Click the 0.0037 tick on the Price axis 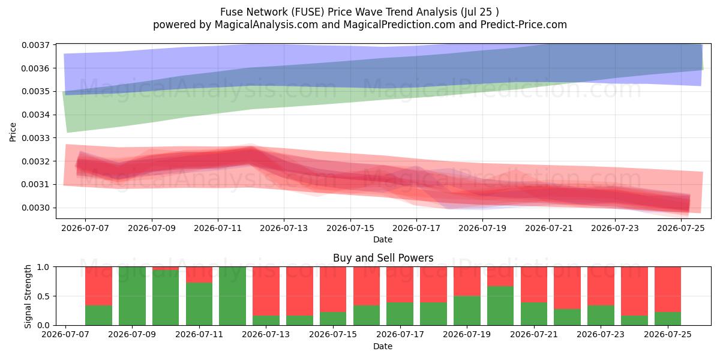[x=35, y=45]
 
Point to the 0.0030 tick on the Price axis [x=35, y=208]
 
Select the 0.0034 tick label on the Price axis [x=35, y=115]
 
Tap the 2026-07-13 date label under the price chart [x=284, y=228]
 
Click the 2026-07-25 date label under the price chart [x=681, y=228]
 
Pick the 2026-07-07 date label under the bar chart [x=65, y=334]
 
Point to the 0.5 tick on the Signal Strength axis [x=43, y=296]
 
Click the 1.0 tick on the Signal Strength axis [x=43, y=267]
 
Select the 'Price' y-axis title [x=13, y=132]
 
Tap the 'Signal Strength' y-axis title [x=28, y=296]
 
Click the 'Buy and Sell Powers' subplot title [x=383, y=258]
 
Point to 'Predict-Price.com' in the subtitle [x=524, y=25]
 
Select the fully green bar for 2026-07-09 [x=132, y=296]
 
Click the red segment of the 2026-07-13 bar [x=266, y=291]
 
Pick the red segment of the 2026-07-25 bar [x=668, y=289]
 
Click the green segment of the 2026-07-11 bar [x=199, y=304]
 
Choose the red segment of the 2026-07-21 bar [x=534, y=284]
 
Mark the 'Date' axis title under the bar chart [x=383, y=347]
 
